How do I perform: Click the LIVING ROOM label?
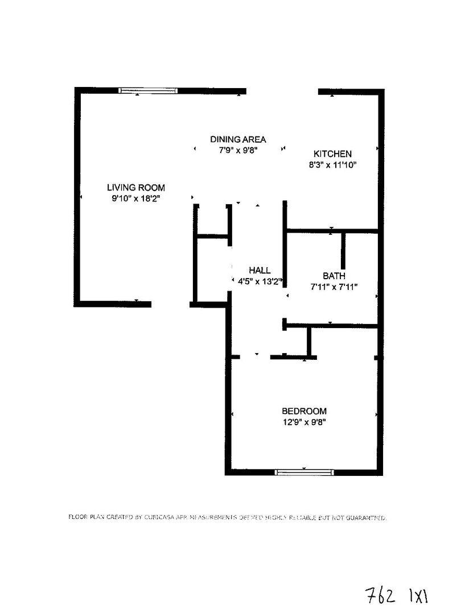click(x=136, y=188)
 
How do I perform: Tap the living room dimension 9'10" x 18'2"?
click(x=136, y=198)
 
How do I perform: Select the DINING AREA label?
click(x=238, y=139)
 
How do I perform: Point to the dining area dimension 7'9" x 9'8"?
click(x=238, y=151)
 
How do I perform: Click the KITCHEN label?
click(x=333, y=153)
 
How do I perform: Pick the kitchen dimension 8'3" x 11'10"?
click(x=333, y=165)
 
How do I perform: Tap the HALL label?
click(x=260, y=271)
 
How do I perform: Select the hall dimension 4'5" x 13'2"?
click(x=257, y=281)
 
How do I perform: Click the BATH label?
click(x=334, y=276)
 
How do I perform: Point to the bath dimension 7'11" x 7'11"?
click(x=334, y=287)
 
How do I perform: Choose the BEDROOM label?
click(x=304, y=411)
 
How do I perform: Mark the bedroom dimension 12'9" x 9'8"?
click(x=304, y=422)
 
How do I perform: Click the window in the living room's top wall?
click(x=148, y=90)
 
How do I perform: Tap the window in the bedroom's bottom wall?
click(x=304, y=472)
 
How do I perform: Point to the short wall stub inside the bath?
click(x=343, y=250)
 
